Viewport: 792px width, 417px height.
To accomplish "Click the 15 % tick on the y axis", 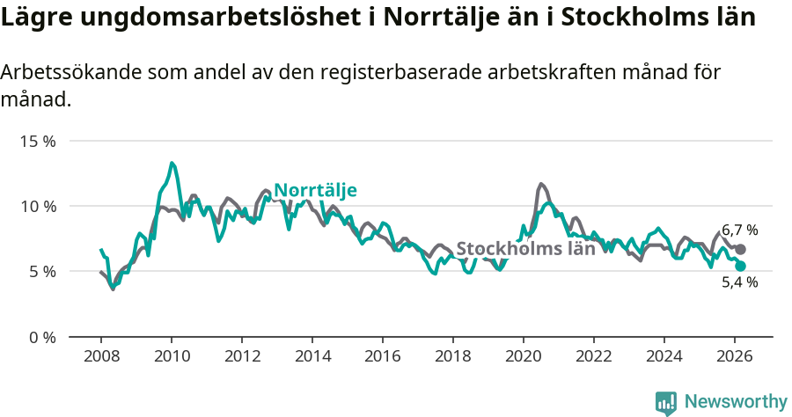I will [x=37, y=141].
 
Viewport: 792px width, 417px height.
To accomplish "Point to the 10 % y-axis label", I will [x=37, y=206].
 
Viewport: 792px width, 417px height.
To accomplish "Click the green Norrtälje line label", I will [x=315, y=191].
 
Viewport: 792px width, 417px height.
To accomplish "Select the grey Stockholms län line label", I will [x=525, y=248].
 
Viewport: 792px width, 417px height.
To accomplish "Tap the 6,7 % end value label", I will [x=739, y=230].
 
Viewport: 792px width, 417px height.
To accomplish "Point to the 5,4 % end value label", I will [x=739, y=282].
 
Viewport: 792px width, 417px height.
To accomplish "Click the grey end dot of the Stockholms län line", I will [x=740, y=250].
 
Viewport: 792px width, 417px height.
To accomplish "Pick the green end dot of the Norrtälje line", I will [x=740, y=266].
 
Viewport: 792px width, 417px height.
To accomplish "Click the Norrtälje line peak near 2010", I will [x=172, y=163].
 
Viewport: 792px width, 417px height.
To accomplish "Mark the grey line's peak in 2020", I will [x=541, y=184].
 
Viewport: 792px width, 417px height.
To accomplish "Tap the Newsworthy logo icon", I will [x=665, y=402].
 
